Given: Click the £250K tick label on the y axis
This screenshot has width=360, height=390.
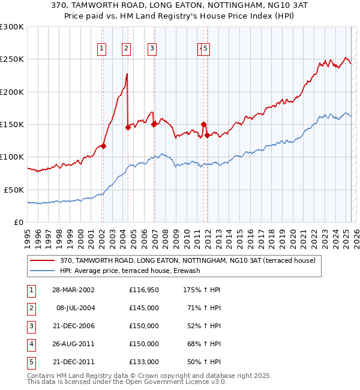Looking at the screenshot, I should pos(12,59).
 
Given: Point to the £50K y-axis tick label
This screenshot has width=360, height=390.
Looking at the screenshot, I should pos(14,190).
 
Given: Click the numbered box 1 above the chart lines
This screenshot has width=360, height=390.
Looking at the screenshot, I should pos(102,49).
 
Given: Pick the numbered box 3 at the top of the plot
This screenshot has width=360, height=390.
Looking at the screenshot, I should pos(152,49).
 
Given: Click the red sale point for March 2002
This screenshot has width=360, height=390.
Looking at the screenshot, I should pos(103,146).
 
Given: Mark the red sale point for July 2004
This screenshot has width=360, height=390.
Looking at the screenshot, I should pos(128,127).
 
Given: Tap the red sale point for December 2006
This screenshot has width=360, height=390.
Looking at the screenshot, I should pos(154,124).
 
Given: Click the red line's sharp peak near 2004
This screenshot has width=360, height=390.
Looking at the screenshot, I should pos(127,74).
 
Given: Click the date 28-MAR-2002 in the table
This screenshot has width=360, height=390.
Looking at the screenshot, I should pos(73,290).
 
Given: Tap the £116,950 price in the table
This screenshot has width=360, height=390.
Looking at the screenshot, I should pos(144,290).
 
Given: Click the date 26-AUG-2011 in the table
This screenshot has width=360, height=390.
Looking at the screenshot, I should pos(73,344).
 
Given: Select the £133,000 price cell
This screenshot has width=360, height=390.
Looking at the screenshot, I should pos(144,362).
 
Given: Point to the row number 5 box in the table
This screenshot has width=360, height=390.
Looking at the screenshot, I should pos(31,362).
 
